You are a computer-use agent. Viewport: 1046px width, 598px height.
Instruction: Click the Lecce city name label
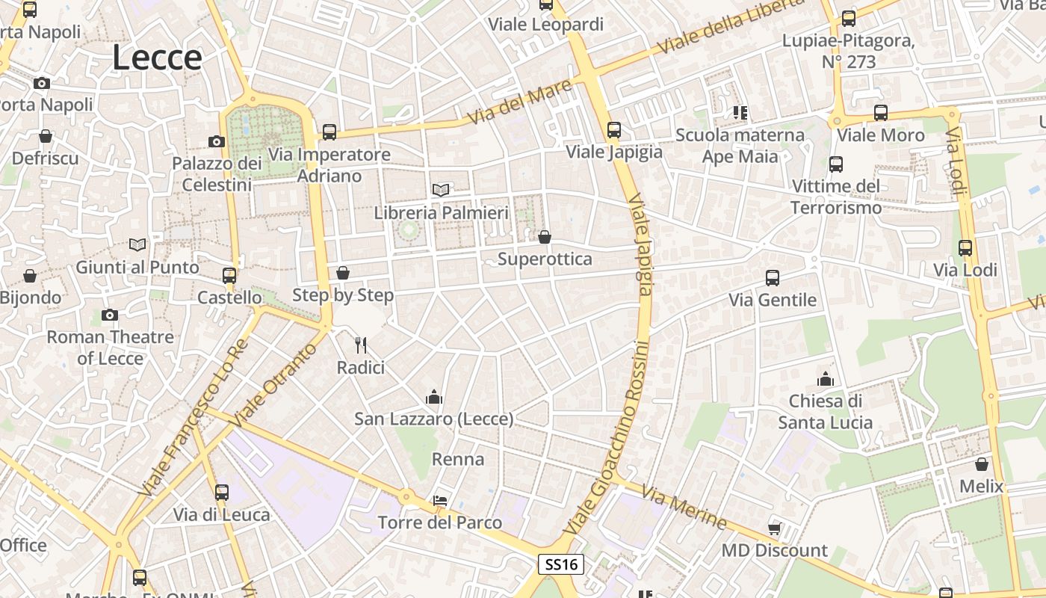tap(157, 58)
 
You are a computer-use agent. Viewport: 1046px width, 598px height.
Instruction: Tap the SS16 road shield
tap(561, 564)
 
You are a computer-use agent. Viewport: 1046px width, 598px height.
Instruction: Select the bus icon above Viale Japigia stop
tap(613, 130)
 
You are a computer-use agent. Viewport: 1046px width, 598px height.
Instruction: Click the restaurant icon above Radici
tap(361, 345)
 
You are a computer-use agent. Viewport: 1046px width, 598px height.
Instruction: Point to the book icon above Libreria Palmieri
tap(441, 191)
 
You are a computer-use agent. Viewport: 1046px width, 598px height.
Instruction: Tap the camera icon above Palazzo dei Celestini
tap(217, 141)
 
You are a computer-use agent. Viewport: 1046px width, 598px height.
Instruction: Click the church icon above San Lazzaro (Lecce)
tap(433, 397)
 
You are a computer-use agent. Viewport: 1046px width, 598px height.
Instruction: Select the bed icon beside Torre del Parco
tap(441, 501)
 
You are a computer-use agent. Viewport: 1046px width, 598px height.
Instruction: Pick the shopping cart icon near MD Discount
tap(775, 528)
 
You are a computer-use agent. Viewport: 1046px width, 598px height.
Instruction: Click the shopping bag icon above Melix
tap(982, 464)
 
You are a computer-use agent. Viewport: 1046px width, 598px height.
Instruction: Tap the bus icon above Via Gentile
tap(773, 278)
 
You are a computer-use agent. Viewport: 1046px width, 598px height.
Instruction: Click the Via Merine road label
tap(684, 508)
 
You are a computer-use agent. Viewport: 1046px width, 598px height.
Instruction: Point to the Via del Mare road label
tap(520, 103)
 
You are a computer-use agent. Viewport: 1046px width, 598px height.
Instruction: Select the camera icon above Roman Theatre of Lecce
tap(110, 315)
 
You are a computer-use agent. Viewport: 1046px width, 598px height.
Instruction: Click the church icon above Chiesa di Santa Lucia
tap(826, 379)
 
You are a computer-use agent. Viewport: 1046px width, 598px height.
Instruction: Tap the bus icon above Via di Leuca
tap(222, 493)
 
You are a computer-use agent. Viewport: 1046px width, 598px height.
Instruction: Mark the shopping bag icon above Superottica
tap(545, 237)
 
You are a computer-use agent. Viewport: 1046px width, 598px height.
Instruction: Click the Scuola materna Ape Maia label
tap(740, 146)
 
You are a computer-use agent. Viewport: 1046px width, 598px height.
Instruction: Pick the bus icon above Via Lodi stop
tap(965, 248)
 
